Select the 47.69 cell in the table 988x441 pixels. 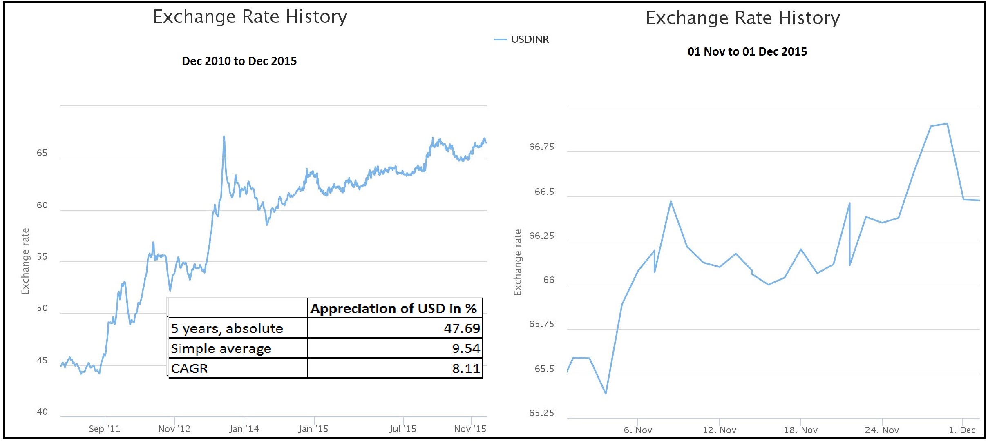click(461, 328)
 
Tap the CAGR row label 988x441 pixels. click(190, 368)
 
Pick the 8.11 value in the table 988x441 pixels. click(465, 368)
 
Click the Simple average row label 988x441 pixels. click(221, 349)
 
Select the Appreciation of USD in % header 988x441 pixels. click(393, 308)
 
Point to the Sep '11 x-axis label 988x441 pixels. click(105, 429)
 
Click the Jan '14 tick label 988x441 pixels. click(244, 429)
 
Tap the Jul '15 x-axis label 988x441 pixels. click(402, 429)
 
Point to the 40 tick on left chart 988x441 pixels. click(42, 412)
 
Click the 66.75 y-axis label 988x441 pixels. click(541, 147)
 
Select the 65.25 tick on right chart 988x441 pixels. click(541, 413)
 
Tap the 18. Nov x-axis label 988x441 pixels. click(800, 430)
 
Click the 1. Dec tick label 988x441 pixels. click(962, 430)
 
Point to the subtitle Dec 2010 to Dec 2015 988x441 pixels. click(239, 61)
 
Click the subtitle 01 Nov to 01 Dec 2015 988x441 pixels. click(747, 52)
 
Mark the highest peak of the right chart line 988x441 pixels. click(947, 124)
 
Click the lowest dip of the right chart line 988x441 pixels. click(606, 394)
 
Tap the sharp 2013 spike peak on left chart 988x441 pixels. click(224, 137)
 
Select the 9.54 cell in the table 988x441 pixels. click(465, 348)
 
